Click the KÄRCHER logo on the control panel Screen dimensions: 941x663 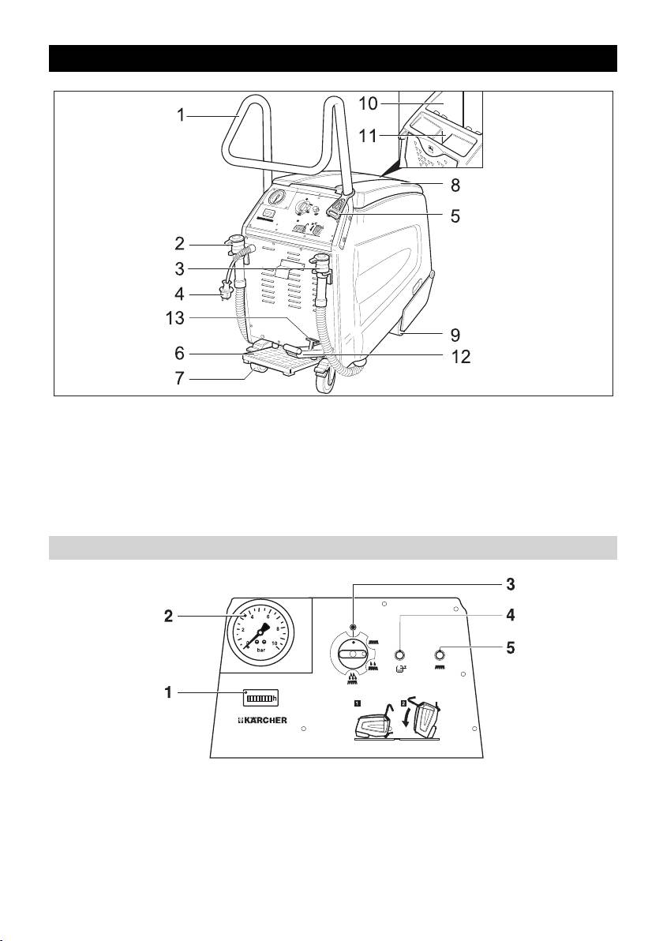tap(264, 720)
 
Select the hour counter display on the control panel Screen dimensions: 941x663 tap(260, 697)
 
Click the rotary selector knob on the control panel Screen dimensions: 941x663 tap(353, 654)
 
